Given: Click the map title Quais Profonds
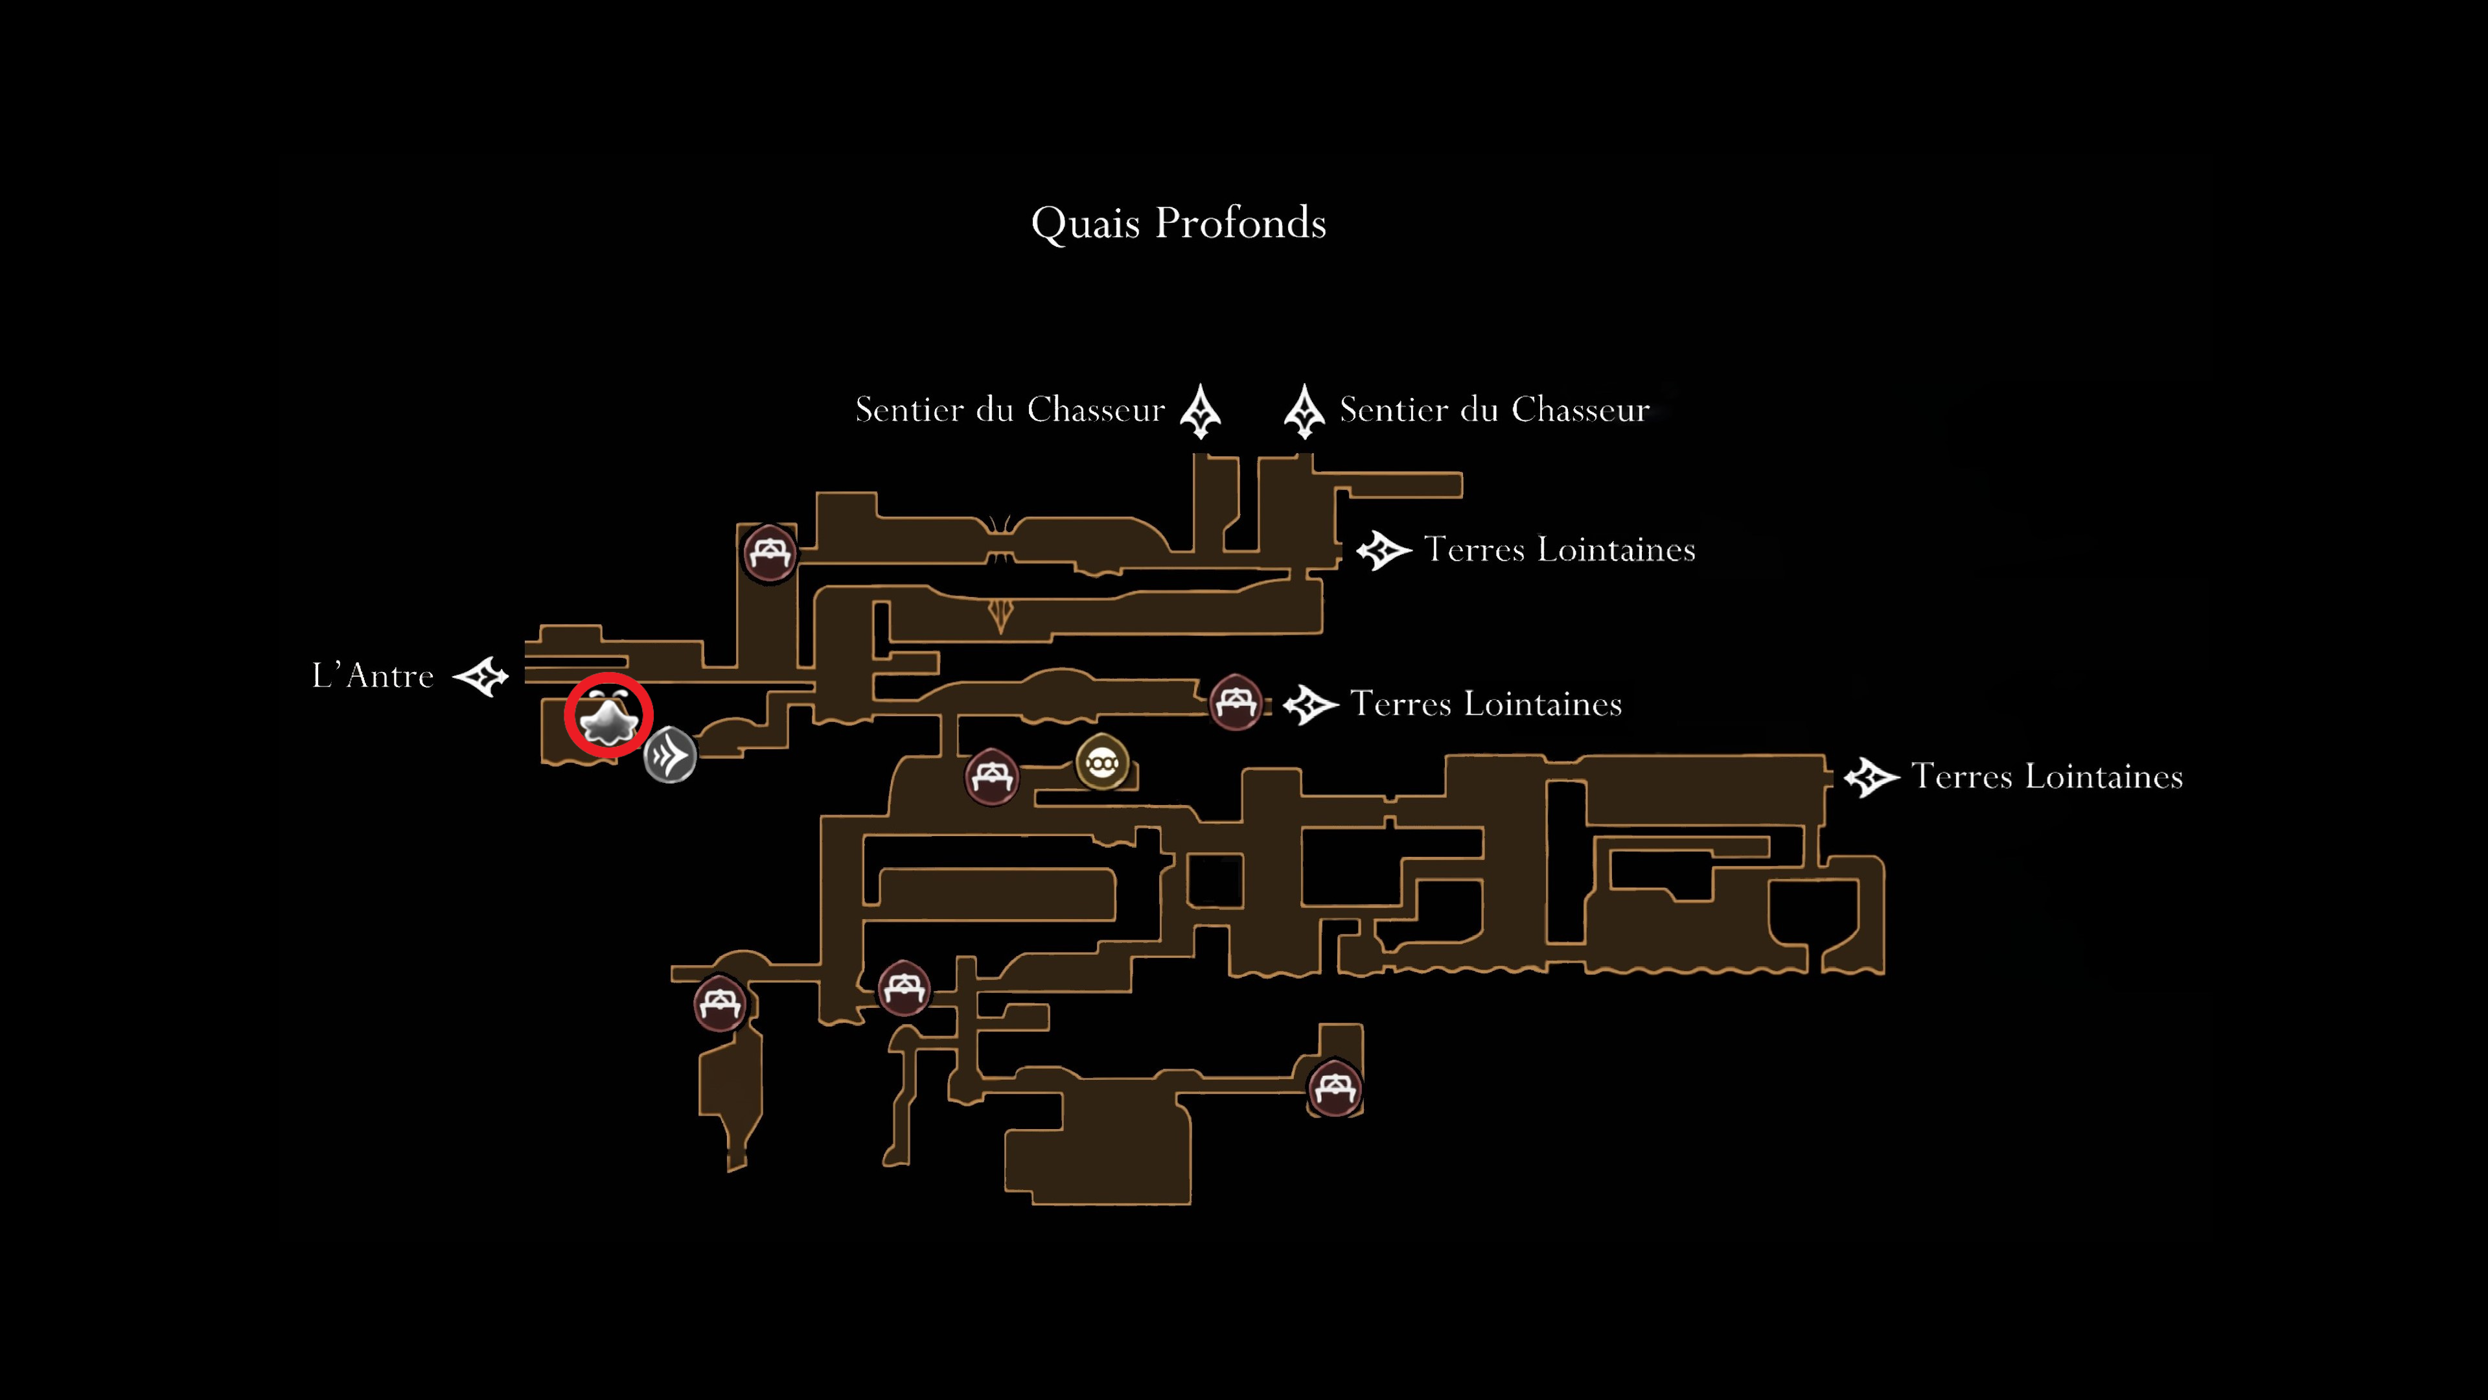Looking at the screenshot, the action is [x=1179, y=223].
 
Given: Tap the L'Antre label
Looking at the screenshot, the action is [x=373, y=675].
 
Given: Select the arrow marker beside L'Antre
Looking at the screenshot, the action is [x=481, y=676].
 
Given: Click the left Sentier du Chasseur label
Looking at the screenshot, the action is [x=1010, y=410].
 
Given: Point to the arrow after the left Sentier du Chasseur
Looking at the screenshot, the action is [x=1201, y=412].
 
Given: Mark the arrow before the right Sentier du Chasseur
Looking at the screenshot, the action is [x=1304, y=412].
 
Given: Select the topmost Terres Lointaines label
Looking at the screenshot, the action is [x=1560, y=550].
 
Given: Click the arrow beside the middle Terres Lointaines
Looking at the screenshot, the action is [x=1311, y=705].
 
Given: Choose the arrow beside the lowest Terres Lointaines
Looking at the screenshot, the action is [x=1872, y=778].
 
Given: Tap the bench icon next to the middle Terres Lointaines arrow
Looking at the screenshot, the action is [x=1236, y=701].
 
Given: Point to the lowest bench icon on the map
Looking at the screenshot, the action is [x=1335, y=1088].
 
